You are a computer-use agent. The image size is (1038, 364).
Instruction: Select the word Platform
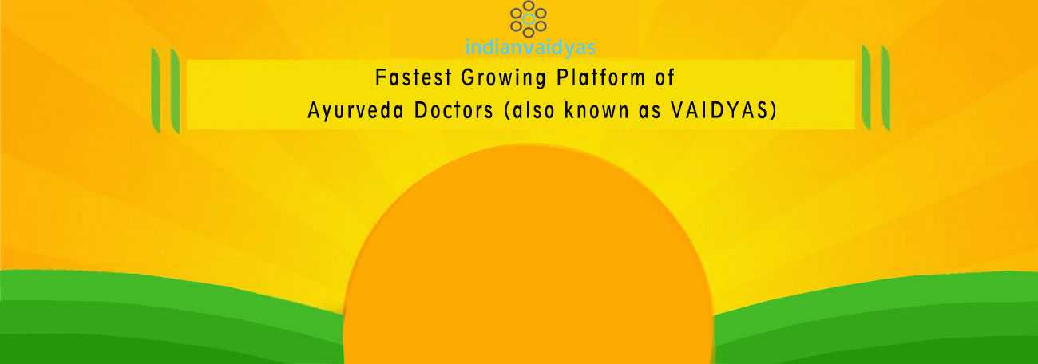coord(600,77)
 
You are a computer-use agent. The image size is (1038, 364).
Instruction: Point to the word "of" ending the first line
coord(664,77)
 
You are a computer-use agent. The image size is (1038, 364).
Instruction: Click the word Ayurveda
coord(355,111)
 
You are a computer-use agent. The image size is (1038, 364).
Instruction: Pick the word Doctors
coord(454,110)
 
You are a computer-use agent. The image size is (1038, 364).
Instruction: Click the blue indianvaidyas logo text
coord(530,48)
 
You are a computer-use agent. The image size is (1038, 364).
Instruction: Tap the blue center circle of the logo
coord(529,19)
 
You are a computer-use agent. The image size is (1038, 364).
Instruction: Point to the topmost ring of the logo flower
coord(529,6)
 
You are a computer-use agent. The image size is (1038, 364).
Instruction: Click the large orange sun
coord(529,259)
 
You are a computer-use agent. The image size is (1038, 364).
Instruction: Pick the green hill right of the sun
coord(876,319)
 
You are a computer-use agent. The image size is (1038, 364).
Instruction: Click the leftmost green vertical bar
coord(156,90)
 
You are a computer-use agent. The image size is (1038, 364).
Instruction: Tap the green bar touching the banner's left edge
coord(175,91)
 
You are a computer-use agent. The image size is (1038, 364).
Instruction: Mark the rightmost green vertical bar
coord(885,88)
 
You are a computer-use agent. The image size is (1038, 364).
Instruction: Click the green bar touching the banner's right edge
coord(866,86)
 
